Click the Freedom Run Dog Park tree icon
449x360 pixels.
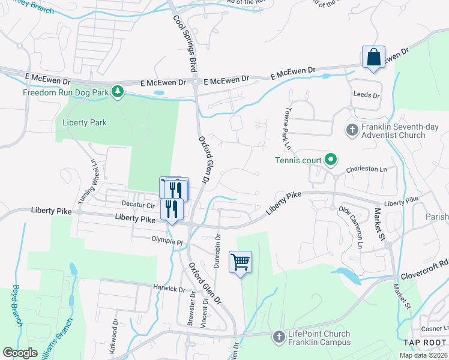(119, 92)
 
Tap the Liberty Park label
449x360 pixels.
(84, 122)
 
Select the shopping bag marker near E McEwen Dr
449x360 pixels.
(373, 58)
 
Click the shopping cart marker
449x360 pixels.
(240, 262)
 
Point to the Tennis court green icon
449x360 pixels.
(330, 160)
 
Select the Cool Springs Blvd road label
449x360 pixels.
(185, 42)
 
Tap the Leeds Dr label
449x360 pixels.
(367, 95)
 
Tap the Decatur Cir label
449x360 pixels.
(139, 205)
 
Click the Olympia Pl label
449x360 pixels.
(166, 241)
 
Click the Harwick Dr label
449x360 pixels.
(169, 289)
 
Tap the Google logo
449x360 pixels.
(20, 353)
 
